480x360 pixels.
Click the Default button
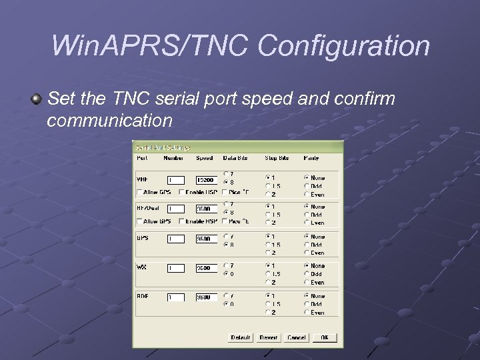[x=241, y=338]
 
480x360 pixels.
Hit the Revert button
[x=269, y=338]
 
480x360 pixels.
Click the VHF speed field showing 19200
[x=206, y=180]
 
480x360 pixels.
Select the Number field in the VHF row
[x=176, y=180]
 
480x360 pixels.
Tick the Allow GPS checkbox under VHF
[x=140, y=193]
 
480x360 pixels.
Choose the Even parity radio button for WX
[x=307, y=282]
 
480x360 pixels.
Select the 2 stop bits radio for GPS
[x=268, y=253]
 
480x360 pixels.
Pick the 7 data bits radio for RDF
[x=226, y=295]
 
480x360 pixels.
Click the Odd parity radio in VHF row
[x=307, y=186]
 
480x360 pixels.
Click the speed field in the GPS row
[x=206, y=239]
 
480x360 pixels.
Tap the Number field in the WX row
[x=176, y=268]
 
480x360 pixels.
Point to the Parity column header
[x=311, y=158]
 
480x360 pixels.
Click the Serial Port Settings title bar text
[x=163, y=147]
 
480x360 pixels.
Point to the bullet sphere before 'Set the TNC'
[x=37, y=100]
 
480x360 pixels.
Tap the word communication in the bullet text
[x=110, y=121]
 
